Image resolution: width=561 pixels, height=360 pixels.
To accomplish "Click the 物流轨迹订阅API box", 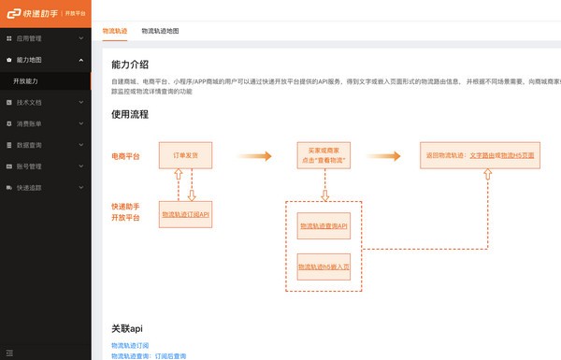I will pos(185,214).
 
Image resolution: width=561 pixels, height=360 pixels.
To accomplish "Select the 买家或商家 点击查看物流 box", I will pos(323,154).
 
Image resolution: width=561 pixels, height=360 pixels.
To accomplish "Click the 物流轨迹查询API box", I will pos(323,225).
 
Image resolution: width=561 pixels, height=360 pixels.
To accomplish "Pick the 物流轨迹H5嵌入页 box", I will pos(323,267).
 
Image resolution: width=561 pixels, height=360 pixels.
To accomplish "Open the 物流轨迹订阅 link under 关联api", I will pos(130,346).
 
